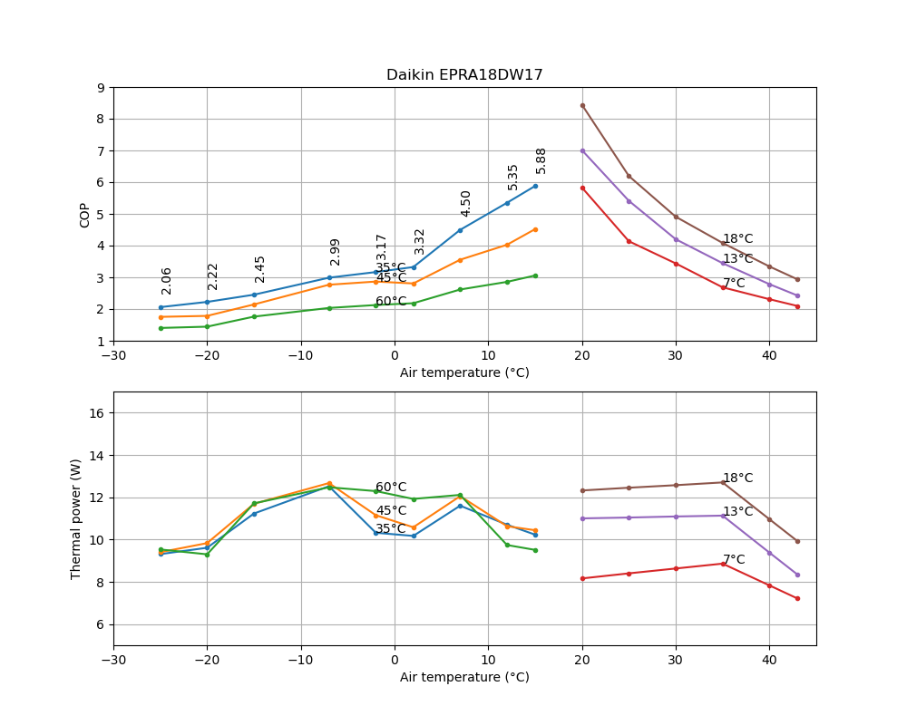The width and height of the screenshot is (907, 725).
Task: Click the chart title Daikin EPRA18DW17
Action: pyautogui.click(x=464, y=75)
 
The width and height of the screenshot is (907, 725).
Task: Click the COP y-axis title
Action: pyautogui.click(x=85, y=215)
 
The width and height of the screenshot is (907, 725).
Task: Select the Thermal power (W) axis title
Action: pyautogui.click(x=76, y=518)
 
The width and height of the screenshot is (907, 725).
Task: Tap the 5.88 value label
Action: pyautogui.click(x=541, y=160)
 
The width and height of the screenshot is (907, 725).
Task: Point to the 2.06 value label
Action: pyautogui.click(x=167, y=281)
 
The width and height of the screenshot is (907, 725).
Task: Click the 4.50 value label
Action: pyautogui.click(x=466, y=203)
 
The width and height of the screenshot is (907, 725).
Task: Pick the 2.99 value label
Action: pyautogui.click(x=336, y=251)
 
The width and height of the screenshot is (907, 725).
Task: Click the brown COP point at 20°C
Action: pyautogui.click(x=582, y=105)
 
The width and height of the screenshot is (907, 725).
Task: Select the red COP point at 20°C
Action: pyautogui.click(x=582, y=188)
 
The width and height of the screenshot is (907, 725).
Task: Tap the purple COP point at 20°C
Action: pyautogui.click(x=582, y=150)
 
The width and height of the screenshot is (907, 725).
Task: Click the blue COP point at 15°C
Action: pyautogui.click(x=535, y=186)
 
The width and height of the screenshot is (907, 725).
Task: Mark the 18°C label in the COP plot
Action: pyautogui.click(x=737, y=239)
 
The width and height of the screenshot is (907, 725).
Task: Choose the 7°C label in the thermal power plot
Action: pyautogui.click(x=734, y=560)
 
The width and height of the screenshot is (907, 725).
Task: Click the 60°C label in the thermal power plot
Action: pyautogui.click(x=391, y=488)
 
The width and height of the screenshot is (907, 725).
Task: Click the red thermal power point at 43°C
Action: pyautogui.click(x=797, y=598)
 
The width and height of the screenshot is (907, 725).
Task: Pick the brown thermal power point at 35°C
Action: pyautogui.click(x=723, y=482)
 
